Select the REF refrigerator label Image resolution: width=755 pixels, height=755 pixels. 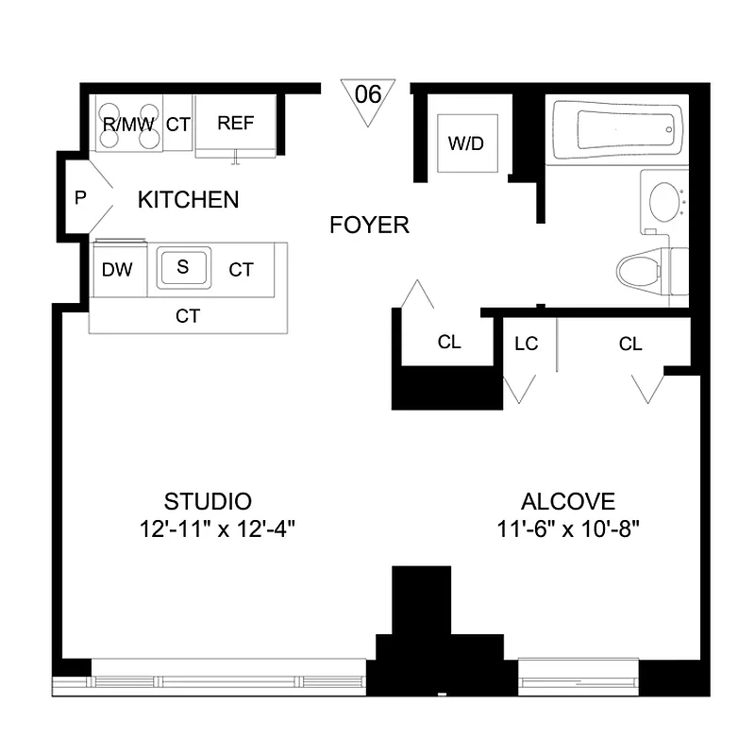coord(236,124)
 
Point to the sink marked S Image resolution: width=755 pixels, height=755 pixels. coord(183,267)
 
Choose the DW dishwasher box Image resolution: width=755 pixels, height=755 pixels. coord(117,270)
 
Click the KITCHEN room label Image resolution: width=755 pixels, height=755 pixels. coord(188,200)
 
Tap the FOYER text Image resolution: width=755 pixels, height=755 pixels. coord(369,226)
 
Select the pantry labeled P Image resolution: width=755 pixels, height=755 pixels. coord(80,199)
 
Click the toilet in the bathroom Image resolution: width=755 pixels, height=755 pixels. coord(651,271)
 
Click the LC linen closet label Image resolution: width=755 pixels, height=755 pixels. coord(526,344)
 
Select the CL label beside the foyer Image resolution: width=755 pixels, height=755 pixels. coord(449,343)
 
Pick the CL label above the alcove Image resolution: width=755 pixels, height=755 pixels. coord(630,344)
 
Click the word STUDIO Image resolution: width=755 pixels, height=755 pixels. coord(208,501)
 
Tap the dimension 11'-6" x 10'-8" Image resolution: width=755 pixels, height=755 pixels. coord(569,529)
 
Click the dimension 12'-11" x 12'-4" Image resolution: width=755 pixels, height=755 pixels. coord(217,529)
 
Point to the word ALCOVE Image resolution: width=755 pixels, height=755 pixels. coord(568,502)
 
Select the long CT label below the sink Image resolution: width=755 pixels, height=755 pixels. coord(188,316)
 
